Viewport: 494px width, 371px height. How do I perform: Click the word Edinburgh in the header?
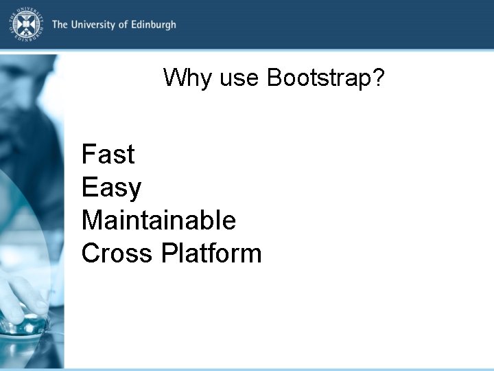[x=152, y=25]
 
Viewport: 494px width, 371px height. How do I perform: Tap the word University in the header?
[x=92, y=25]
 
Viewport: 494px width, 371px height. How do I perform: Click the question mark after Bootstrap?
[x=379, y=78]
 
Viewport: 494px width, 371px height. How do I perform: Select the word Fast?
[x=108, y=155]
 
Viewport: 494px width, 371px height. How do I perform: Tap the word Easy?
[x=111, y=188]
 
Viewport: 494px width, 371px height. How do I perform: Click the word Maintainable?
[x=158, y=221]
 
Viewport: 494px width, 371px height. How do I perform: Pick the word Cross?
[x=117, y=254]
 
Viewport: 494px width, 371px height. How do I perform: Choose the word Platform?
[x=211, y=254]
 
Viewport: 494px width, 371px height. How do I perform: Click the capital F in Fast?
[x=88, y=155]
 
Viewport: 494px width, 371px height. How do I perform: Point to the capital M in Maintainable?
[x=92, y=221]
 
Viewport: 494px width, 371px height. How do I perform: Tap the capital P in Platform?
[x=168, y=254]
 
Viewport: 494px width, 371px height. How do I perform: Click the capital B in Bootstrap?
[x=274, y=78]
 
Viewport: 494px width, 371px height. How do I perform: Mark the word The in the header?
[x=60, y=25]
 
